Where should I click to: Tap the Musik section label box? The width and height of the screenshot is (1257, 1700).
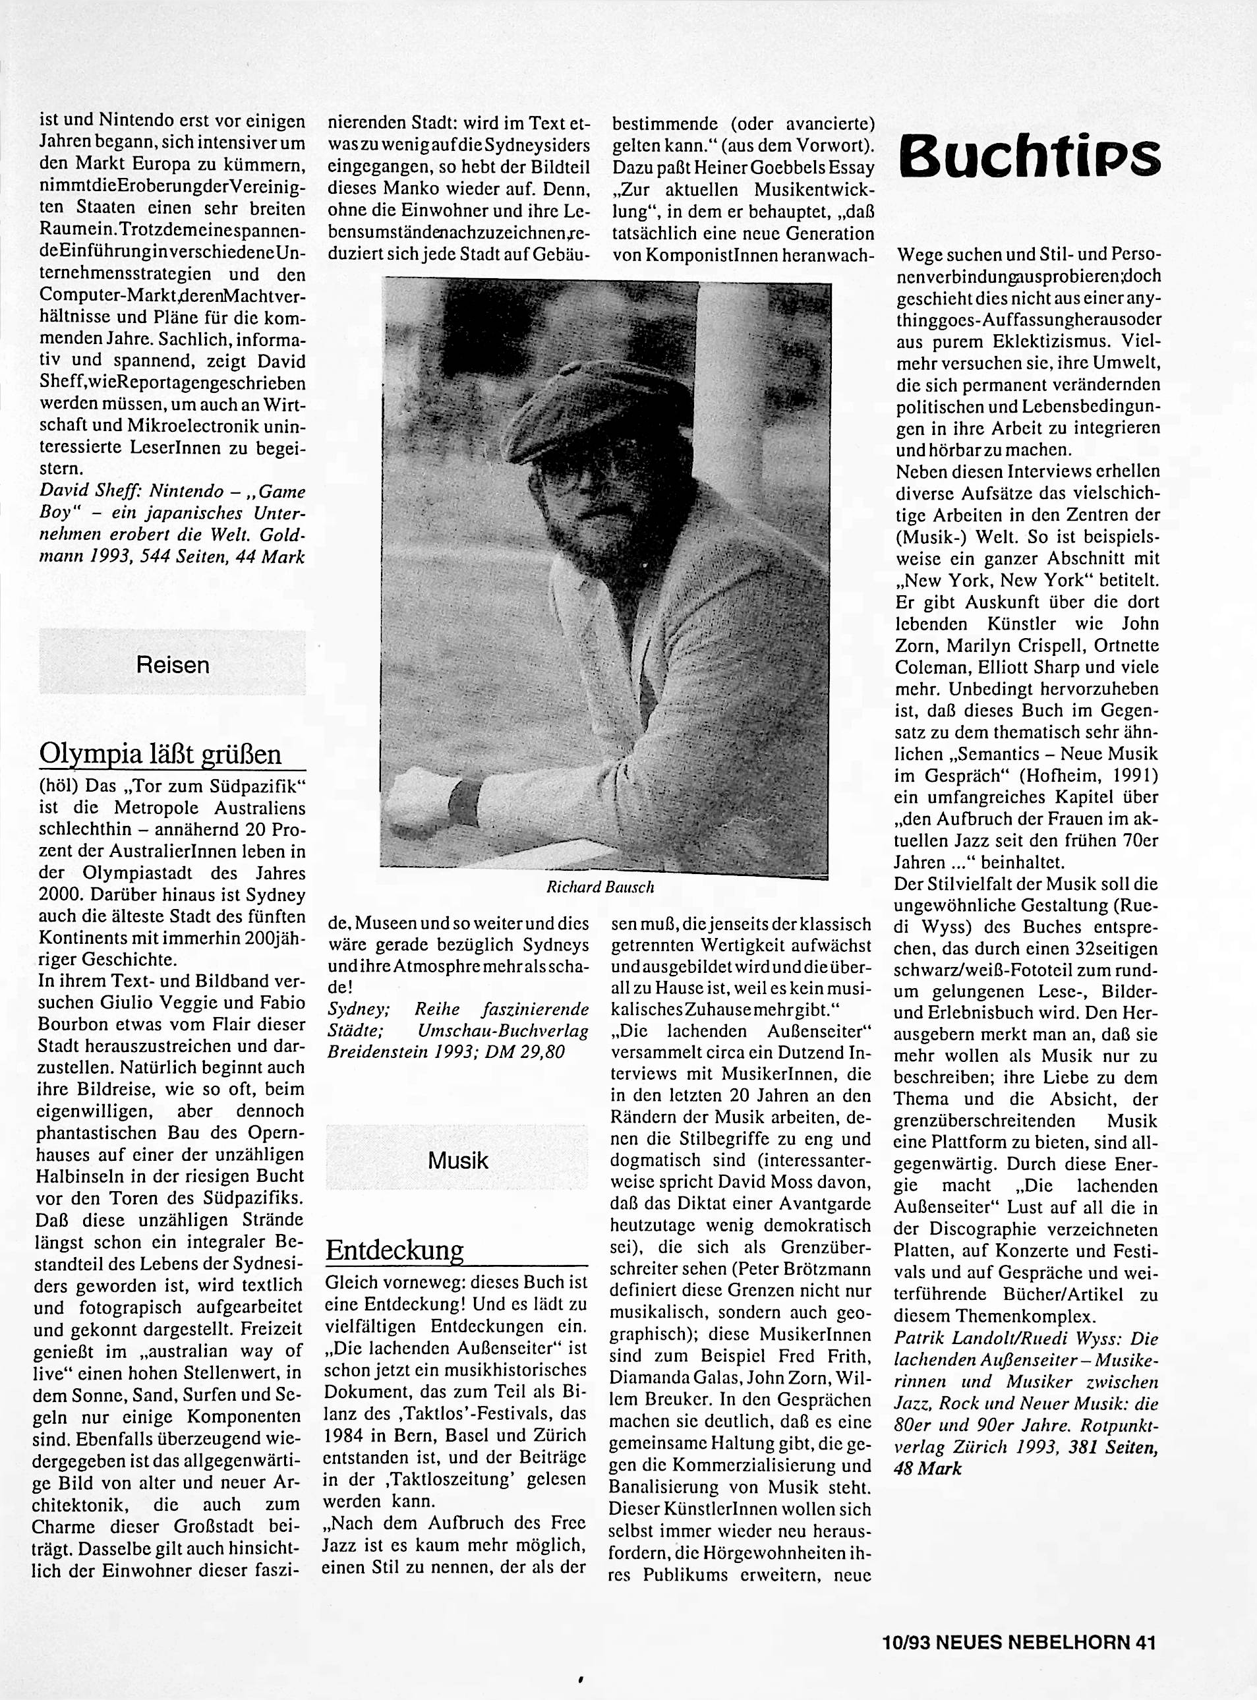(457, 1159)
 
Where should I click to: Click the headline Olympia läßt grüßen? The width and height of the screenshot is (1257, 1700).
(161, 753)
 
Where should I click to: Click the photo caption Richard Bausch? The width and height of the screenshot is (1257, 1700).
(600, 887)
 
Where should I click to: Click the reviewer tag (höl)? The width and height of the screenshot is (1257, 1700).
(57, 784)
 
